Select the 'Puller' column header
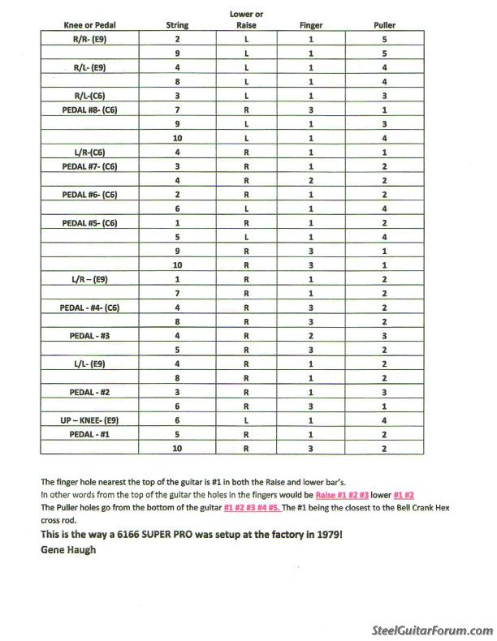click(x=385, y=25)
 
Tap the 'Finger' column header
click(x=310, y=25)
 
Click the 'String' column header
click(x=176, y=25)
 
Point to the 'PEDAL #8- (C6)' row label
click(x=90, y=109)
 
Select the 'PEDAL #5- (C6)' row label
click(x=90, y=222)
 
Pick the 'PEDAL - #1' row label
click(x=90, y=433)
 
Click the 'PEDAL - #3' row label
click(x=90, y=334)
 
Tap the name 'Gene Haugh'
click(x=68, y=549)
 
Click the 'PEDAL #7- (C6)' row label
click(x=90, y=166)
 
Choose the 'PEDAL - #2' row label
click(x=90, y=391)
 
